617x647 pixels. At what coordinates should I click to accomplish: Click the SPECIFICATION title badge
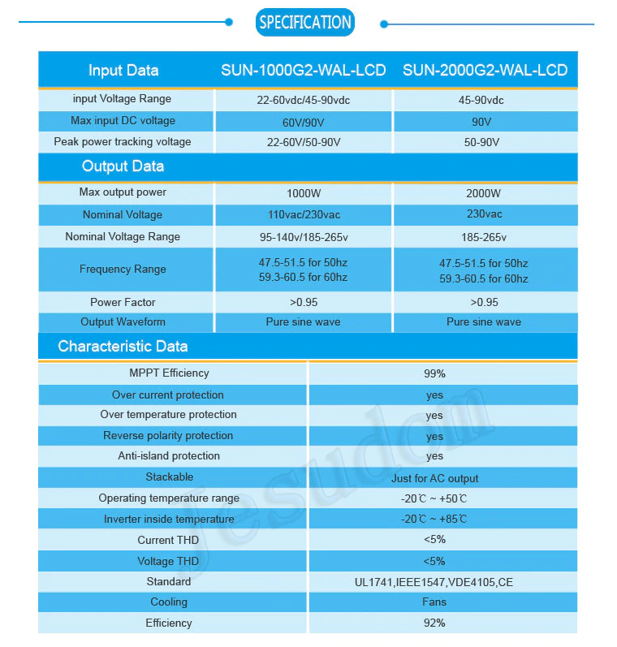click(x=305, y=22)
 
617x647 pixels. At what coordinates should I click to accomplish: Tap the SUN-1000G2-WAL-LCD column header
click(x=303, y=70)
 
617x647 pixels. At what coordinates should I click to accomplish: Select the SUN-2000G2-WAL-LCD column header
click(x=485, y=70)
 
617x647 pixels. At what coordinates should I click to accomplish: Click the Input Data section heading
click(x=123, y=70)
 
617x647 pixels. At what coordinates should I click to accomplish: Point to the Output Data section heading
click(x=123, y=166)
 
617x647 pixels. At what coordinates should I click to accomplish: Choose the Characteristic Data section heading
click(x=123, y=347)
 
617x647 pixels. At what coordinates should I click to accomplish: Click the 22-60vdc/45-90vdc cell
click(x=303, y=100)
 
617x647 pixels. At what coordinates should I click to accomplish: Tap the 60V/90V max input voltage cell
click(x=303, y=122)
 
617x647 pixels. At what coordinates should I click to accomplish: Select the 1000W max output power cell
click(x=303, y=194)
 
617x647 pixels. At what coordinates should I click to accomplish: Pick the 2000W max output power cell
click(x=484, y=194)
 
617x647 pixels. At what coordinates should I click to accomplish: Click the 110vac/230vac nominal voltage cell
click(x=303, y=214)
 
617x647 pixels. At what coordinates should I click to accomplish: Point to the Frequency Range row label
click(x=123, y=270)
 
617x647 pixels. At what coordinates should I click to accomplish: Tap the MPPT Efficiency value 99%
click(x=434, y=374)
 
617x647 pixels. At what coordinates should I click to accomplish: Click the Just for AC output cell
click(x=434, y=478)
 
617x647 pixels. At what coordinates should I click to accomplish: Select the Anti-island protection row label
click(x=169, y=456)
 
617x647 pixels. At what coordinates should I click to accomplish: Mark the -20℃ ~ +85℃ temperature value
click(x=434, y=520)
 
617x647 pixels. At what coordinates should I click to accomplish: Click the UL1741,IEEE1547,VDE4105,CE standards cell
click(x=434, y=582)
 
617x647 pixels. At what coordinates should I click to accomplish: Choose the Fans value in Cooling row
click(x=434, y=602)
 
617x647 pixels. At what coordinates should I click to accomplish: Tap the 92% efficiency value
click(x=434, y=623)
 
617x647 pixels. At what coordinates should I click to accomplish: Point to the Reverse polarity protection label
click(x=168, y=436)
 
